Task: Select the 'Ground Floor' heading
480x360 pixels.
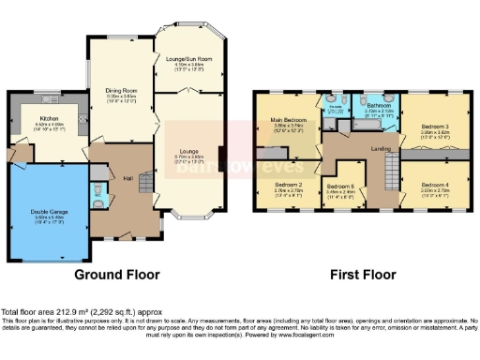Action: (117, 275)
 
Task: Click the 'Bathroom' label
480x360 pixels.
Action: (378, 106)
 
